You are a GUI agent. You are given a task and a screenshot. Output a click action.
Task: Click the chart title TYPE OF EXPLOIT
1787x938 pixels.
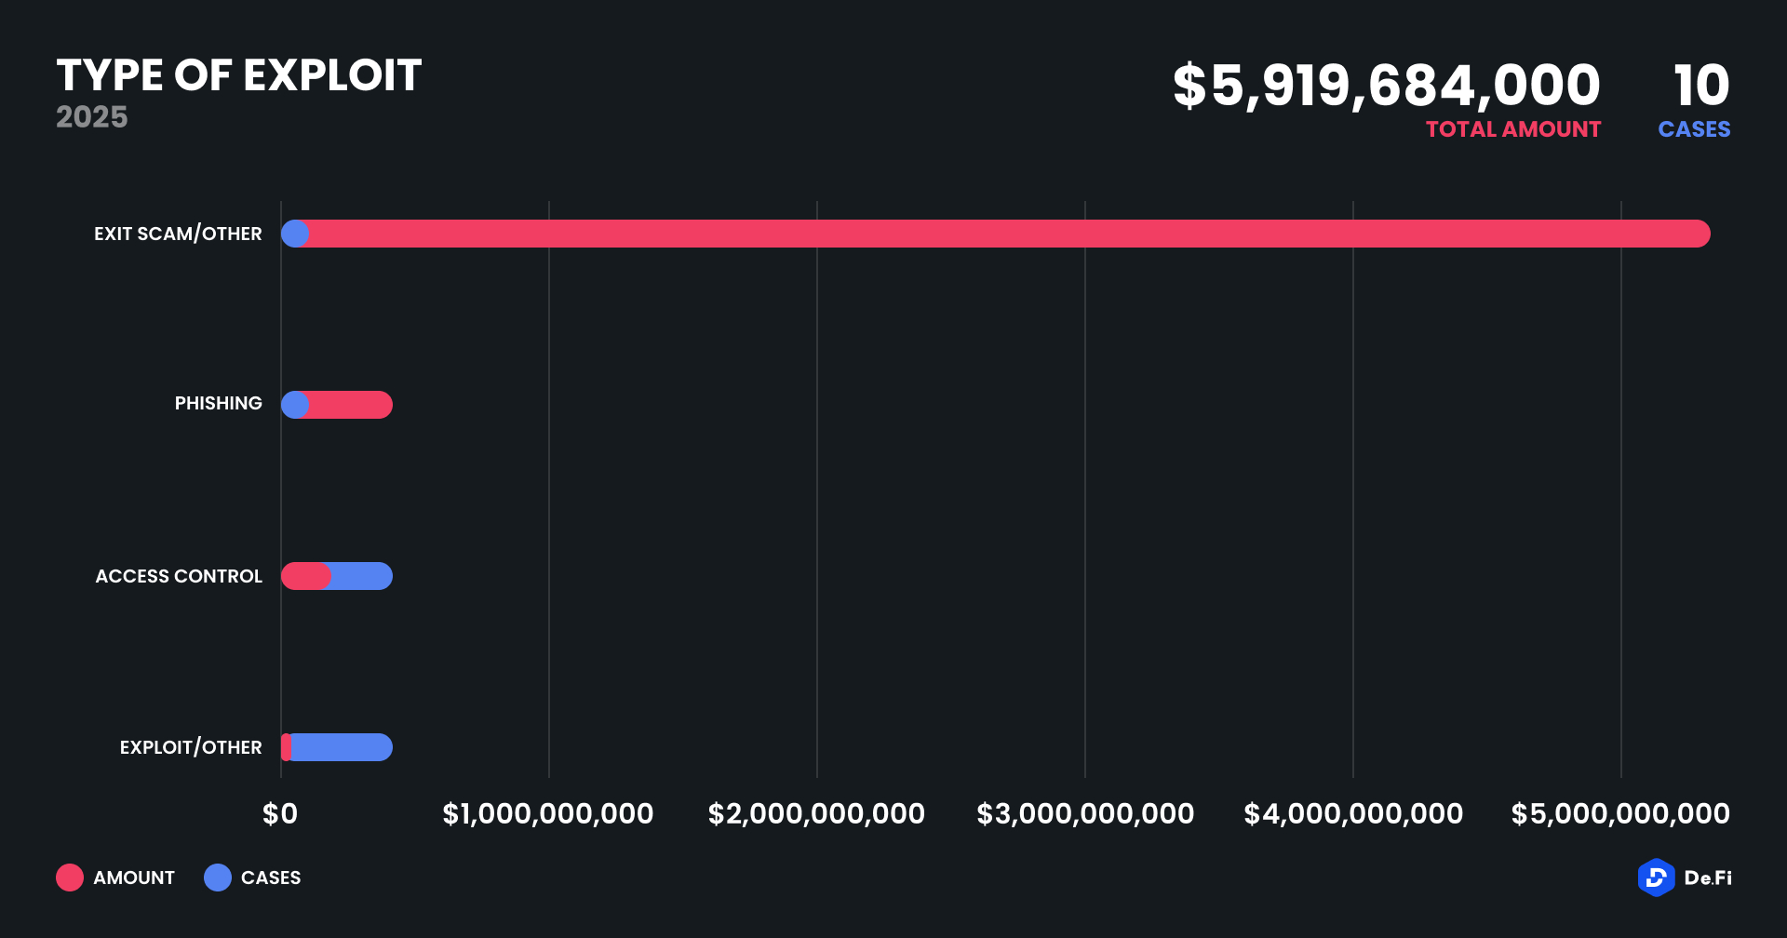pyautogui.click(x=239, y=75)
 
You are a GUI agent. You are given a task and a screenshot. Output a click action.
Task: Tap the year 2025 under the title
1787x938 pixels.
pyautogui.click(x=91, y=117)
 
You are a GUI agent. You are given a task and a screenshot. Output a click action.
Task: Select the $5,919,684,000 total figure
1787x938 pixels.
pyautogui.click(x=1386, y=86)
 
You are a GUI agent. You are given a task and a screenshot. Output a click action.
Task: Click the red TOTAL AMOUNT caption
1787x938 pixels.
pyautogui.click(x=1512, y=129)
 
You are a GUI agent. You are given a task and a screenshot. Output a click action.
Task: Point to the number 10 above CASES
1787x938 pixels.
pyautogui.click(x=1700, y=86)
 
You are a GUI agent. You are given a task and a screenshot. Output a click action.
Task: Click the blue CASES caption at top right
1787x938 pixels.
pyautogui.click(x=1693, y=129)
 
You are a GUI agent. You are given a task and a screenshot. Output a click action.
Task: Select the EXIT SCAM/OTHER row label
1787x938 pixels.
pyautogui.click(x=178, y=234)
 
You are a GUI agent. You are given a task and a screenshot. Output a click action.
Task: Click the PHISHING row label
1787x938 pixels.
pyautogui.click(x=218, y=404)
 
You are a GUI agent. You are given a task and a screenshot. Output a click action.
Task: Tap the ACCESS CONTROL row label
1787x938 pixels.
pyautogui.click(x=179, y=576)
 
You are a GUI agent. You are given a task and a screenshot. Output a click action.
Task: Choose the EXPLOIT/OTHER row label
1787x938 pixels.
pyautogui.click(x=191, y=747)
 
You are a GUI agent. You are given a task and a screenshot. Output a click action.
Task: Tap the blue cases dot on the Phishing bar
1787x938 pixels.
pyautogui.click(x=295, y=405)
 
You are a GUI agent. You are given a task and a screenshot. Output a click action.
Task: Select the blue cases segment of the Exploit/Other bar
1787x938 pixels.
pyautogui.click(x=342, y=747)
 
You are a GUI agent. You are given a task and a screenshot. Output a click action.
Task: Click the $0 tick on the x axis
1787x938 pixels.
pyautogui.click(x=280, y=814)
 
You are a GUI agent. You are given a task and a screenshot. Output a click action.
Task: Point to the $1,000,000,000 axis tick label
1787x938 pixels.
pyautogui.click(x=547, y=814)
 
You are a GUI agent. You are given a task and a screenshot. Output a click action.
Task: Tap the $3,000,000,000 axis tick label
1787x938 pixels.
pyautogui.click(x=1084, y=814)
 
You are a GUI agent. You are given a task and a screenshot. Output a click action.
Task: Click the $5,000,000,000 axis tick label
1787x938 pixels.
pyautogui.click(x=1619, y=814)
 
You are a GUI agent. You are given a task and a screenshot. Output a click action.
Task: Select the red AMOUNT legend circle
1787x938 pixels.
pyautogui.click(x=70, y=878)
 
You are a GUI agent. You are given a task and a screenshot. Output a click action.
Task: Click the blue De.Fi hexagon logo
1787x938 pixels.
pyautogui.click(x=1656, y=878)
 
